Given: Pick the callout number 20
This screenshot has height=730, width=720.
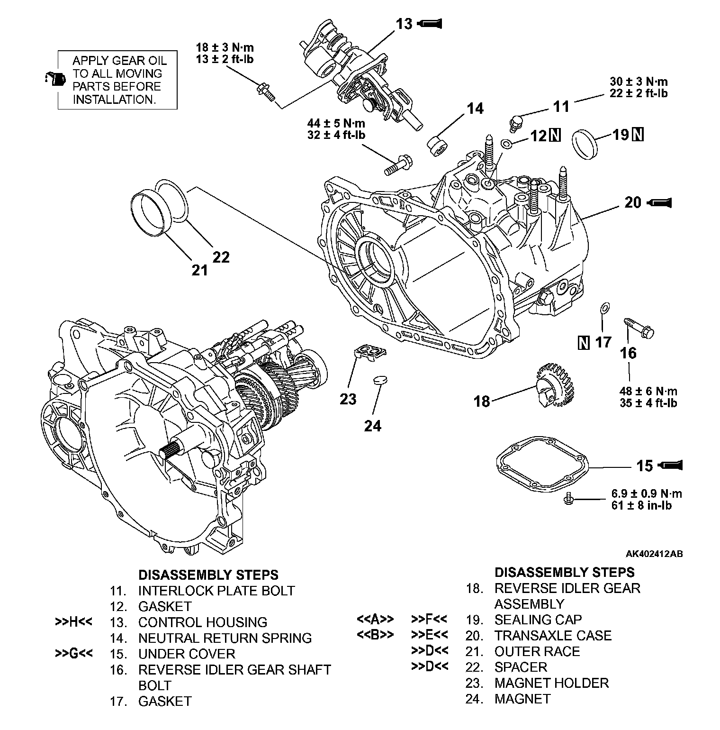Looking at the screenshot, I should [x=633, y=203].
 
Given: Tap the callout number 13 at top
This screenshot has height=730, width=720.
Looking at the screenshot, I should [x=404, y=24].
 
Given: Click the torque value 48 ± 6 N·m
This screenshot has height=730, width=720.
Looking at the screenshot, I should [x=648, y=391].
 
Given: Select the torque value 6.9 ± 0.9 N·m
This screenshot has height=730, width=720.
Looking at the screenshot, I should [x=647, y=493].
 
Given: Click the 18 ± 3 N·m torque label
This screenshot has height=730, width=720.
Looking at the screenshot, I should [x=225, y=47].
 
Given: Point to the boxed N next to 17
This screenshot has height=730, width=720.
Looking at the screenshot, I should [x=584, y=342].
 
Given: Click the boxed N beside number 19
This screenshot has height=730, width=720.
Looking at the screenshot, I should [x=638, y=135].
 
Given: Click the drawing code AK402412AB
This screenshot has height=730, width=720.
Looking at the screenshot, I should [x=654, y=554].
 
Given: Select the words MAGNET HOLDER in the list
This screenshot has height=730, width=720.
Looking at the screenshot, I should [x=551, y=683].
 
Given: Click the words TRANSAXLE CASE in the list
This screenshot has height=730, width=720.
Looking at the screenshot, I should [x=553, y=635].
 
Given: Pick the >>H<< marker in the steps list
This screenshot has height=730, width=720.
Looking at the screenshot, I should [x=73, y=622].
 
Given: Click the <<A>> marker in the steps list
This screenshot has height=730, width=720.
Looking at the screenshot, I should [x=375, y=619].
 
